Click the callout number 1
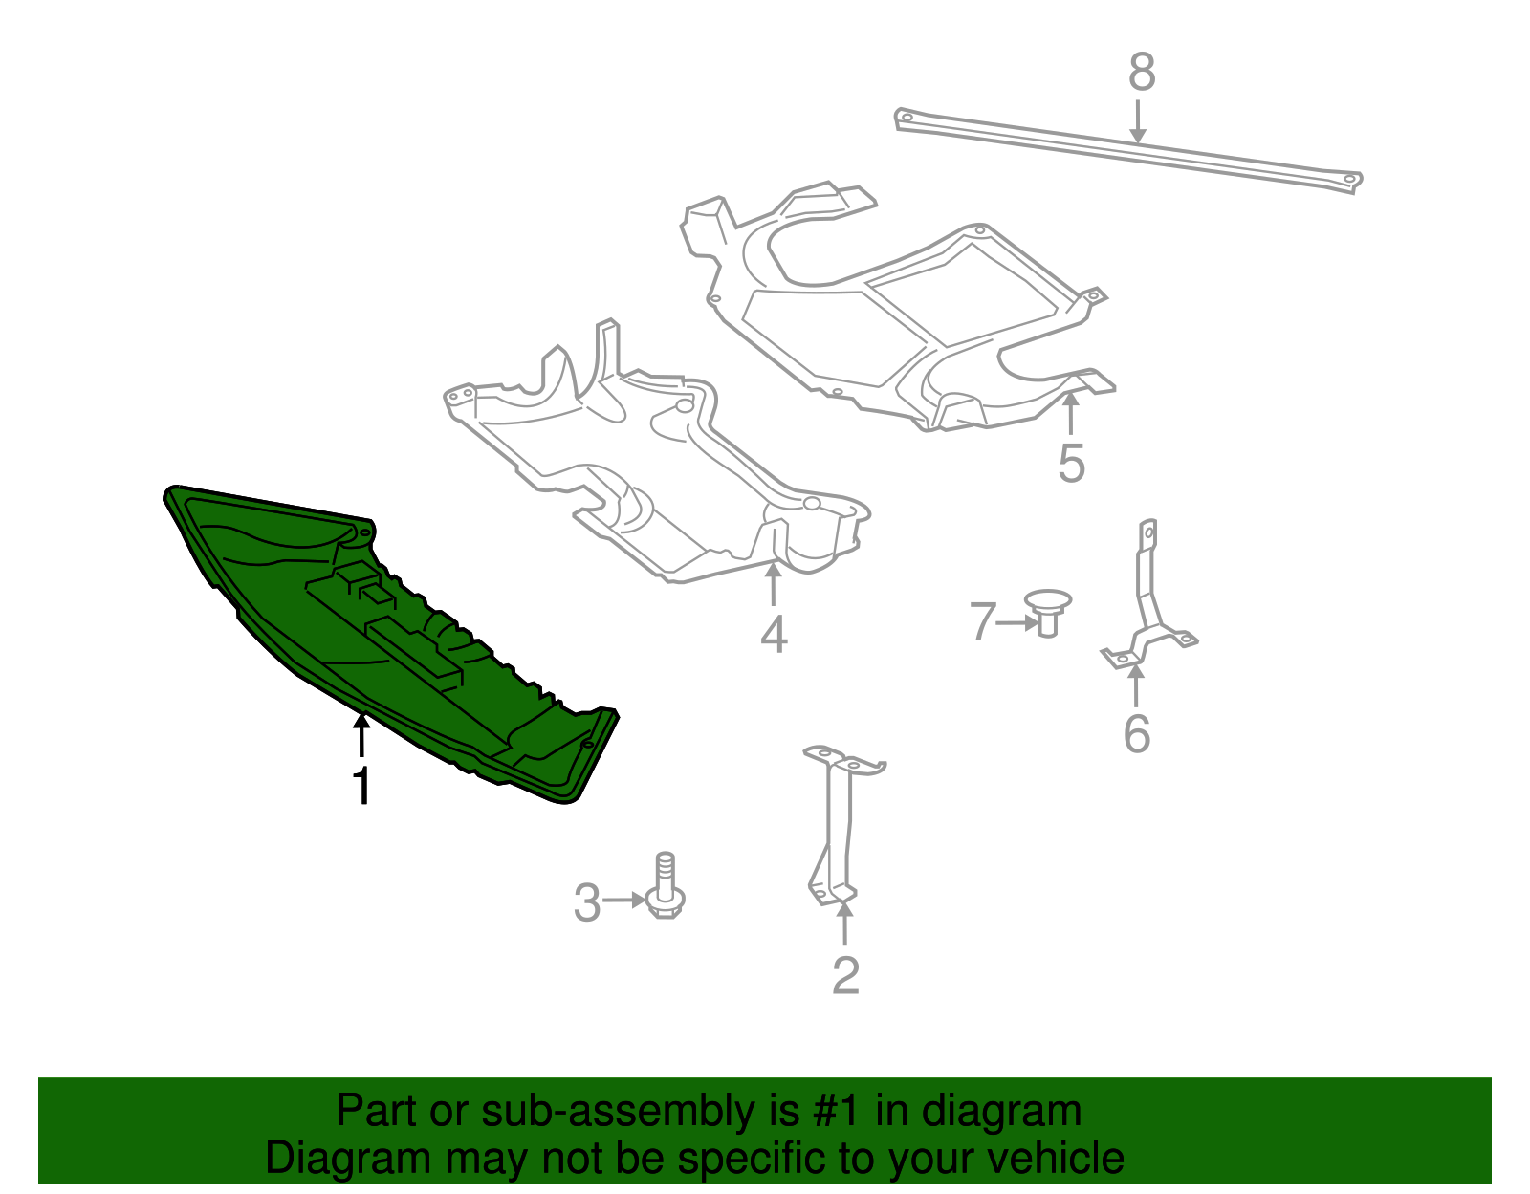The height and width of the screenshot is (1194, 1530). (361, 785)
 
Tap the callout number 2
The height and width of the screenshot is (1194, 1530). (845, 975)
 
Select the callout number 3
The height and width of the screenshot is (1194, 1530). (587, 902)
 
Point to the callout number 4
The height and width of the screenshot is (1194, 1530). (774, 634)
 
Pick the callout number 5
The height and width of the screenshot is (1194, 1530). (1071, 464)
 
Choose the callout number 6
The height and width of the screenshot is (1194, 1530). (1136, 734)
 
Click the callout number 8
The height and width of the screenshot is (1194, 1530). (1142, 73)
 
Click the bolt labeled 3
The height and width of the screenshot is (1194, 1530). (666, 889)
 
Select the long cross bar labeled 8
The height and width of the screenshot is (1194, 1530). (1128, 151)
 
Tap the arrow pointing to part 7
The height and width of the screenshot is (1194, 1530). (1016, 622)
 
